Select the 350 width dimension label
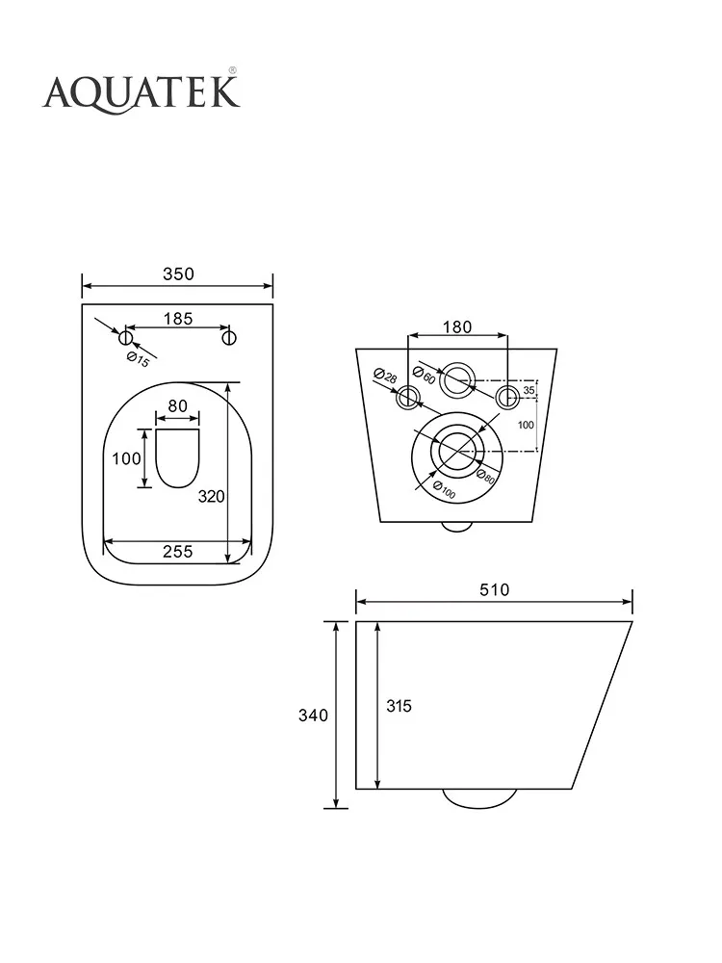[x=178, y=273]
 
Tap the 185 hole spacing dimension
[x=178, y=319]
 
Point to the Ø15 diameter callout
[x=138, y=359]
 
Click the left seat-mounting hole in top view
[x=126, y=337]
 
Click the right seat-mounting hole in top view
[x=229, y=337]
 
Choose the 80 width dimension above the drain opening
[x=177, y=406]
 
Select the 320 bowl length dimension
[x=211, y=496]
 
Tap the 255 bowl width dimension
[x=177, y=552]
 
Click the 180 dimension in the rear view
[x=457, y=326]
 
